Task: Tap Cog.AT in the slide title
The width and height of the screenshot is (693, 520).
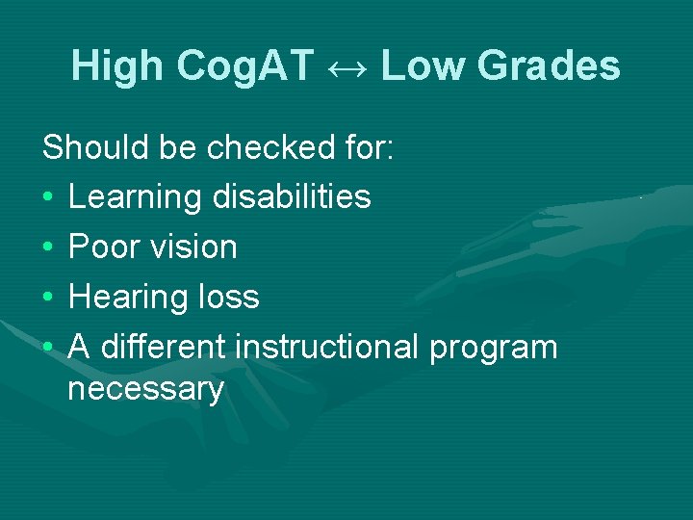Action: (246, 66)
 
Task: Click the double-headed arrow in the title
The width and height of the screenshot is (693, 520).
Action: (347, 66)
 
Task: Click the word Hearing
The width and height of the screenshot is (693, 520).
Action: (126, 298)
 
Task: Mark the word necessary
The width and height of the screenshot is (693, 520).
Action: (145, 390)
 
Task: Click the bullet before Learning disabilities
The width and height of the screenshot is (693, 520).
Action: (48, 197)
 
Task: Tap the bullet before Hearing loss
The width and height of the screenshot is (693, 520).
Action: (48, 298)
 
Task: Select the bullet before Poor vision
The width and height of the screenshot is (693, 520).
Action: (48, 247)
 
